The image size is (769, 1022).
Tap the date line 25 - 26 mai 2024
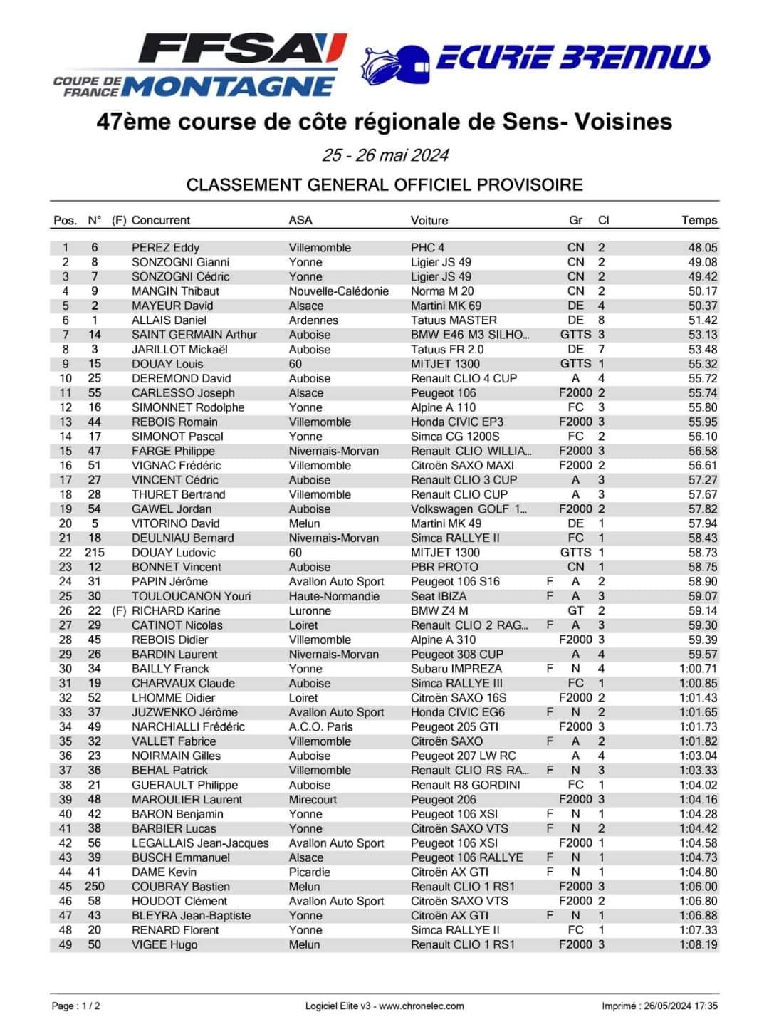coord(384,155)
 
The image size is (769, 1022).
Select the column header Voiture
coord(429,220)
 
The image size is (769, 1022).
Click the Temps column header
coord(699,220)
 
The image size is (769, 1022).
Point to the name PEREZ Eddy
coord(165,248)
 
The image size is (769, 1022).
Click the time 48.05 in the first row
coord(703,248)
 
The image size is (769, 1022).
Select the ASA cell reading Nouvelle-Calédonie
coord(339,291)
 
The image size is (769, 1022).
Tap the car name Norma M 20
coord(442,291)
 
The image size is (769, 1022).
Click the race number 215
coord(94,553)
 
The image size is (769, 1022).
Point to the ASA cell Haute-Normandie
coord(334,596)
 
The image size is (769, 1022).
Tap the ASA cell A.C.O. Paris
coord(321,727)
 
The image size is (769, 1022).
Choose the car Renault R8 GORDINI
coord(466,785)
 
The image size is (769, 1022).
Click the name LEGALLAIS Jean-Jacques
coord(200,843)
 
